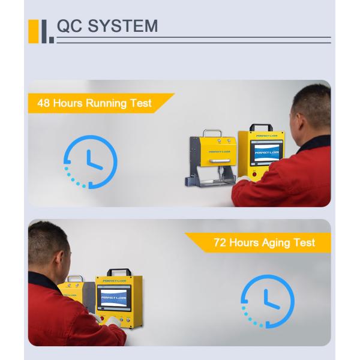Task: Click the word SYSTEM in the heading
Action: [x=123, y=26]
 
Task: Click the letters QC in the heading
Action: [x=70, y=26]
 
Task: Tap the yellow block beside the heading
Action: [x=33, y=31]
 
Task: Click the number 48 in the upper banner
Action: [x=43, y=103]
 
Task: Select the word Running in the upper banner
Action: [x=106, y=104]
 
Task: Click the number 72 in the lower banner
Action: [x=220, y=242]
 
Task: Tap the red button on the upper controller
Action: [x=254, y=174]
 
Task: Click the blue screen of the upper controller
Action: [x=266, y=152]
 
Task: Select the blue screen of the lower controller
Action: [x=114, y=298]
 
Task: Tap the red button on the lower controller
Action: [x=102, y=319]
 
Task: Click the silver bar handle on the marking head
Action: [x=220, y=160]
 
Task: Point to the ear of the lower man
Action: [x=59, y=260]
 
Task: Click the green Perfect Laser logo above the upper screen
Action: [x=266, y=136]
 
